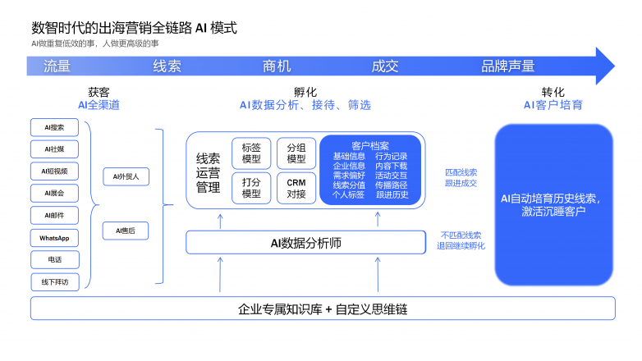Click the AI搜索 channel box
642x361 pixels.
pos(54,127)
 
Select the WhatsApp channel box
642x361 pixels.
pos(54,238)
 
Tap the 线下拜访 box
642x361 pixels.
pos(54,282)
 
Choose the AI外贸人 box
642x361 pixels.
pos(126,176)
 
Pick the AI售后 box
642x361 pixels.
pos(126,231)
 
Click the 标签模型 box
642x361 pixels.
pos(251,153)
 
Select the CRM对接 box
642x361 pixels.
pos(296,188)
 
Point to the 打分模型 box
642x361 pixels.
pos(251,188)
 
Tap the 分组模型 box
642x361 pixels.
pos(296,153)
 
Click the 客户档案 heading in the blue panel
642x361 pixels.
pos(370,145)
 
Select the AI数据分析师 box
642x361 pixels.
pos(305,242)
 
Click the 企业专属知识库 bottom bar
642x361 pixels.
pos(323,309)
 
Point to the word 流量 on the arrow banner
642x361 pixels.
pos(57,66)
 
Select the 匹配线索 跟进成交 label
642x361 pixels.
pos(461,178)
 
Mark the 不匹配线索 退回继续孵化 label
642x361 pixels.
pos(461,240)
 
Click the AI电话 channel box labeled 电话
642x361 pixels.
pos(54,260)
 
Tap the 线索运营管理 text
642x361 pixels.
pos(209,174)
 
